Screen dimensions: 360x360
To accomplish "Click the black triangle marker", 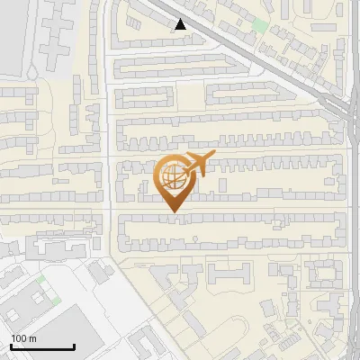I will point(181,24).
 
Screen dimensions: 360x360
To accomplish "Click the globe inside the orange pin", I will point(173,178).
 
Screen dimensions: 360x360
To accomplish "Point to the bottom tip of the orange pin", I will point(173,212).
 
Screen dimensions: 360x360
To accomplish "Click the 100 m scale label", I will point(23,338).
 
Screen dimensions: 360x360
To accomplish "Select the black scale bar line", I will point(42,347).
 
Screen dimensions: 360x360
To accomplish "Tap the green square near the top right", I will point(261,25).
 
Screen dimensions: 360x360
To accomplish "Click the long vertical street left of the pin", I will point(110,162).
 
